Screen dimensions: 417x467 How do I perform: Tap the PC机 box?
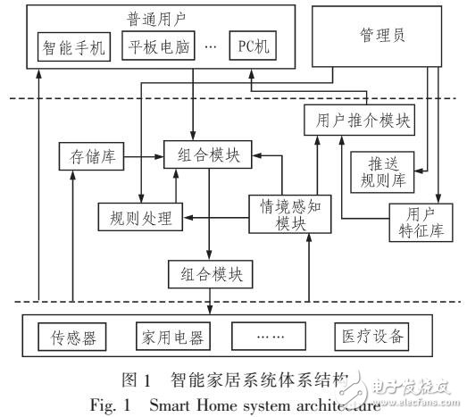(x=253, y=45)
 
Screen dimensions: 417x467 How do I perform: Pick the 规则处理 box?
(x=138, y=215)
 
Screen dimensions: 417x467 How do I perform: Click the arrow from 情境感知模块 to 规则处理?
(x=214, y=215)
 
